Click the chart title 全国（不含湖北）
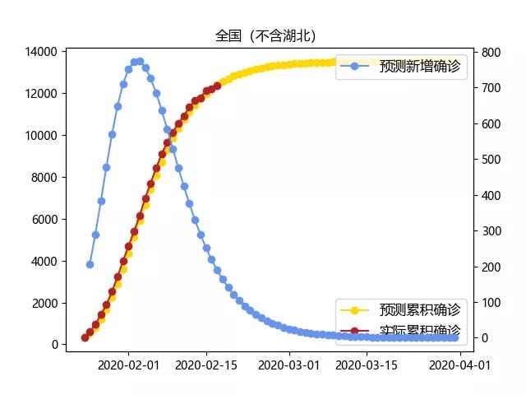[x=265, y=36]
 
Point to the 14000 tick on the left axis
[x=39, y=52]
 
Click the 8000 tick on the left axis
[x=43, y=178]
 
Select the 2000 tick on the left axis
[x=43, y=303]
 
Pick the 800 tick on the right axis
[x=491, y=53]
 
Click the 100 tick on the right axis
[x=491, y=302]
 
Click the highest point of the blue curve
[x=140, y=61]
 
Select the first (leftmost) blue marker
[x=90, y=264]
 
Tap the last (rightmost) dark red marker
[x=217, y=85]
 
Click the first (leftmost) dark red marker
[x=85, y=337]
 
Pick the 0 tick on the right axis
[x=485, y=337]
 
